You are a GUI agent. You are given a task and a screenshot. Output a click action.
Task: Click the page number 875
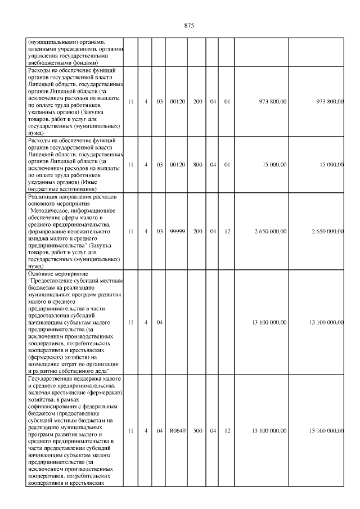point(189,26)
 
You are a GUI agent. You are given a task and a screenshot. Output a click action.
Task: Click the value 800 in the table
point(197,164)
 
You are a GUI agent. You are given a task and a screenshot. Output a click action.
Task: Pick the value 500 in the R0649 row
point(197,431)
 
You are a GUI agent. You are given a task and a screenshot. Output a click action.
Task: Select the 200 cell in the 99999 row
point(197,231)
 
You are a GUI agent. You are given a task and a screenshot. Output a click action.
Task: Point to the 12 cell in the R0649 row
point(228,431)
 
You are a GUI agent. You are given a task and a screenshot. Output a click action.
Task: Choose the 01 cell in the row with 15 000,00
point(228,164)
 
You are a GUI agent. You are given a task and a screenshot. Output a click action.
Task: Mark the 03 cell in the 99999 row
point(159,231)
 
